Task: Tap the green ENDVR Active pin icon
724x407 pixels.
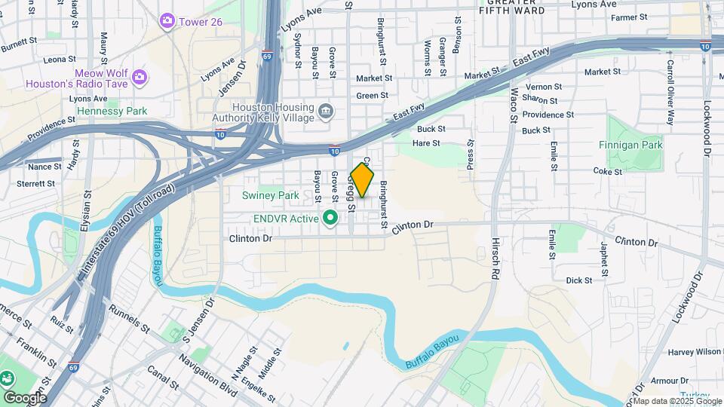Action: (330, 219)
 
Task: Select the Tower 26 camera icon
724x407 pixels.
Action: (167, 21)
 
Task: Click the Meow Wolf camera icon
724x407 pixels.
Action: (139, 76)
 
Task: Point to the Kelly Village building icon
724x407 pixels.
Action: (326, 112)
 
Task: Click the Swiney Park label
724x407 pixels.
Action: (270, 195)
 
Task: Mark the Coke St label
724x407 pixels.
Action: (607, 171)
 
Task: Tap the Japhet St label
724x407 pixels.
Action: (603, 257)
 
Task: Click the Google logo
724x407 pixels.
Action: (25, 397)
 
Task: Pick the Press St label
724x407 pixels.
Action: (470, 155)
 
